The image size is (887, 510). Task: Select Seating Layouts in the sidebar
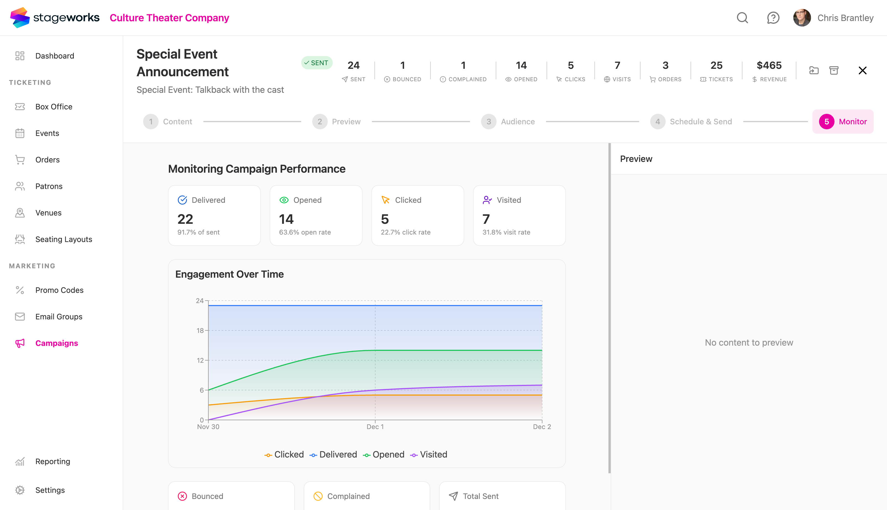63,239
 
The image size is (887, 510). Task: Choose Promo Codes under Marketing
59,290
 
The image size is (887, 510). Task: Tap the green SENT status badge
316,63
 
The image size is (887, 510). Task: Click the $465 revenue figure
769,65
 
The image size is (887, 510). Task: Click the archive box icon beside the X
834,70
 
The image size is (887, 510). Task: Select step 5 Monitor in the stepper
843,122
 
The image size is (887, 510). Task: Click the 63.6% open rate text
305,232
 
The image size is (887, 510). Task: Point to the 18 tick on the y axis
200,330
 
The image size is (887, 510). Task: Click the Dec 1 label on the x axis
375,427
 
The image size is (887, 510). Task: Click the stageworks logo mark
20,17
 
